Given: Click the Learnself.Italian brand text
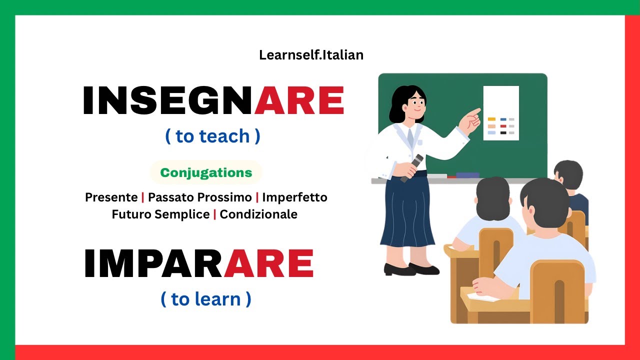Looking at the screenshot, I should (311, 55).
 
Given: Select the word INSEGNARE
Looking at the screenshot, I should (213, 101).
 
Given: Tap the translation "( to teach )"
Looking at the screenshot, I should (212, 136).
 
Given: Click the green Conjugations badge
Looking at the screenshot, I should (206, 173).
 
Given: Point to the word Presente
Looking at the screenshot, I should (111, 197).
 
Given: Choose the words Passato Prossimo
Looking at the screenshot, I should (199, 197).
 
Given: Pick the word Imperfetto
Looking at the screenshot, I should (294, 197).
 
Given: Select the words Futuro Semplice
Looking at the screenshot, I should (160, 214).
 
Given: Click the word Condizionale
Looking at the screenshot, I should (258, 214).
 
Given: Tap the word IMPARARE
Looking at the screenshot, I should (199, 264).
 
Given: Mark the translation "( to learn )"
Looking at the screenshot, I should (206, 299).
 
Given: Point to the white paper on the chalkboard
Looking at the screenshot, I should (500, 113).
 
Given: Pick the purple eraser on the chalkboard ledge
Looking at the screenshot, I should (467, 175).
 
